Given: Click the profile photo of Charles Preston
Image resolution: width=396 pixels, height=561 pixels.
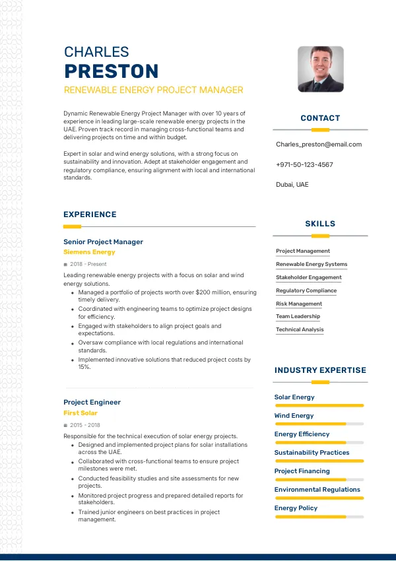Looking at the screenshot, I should click(x=321, y=69).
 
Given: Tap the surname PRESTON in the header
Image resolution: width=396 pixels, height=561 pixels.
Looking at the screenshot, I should click(x=112, y=71).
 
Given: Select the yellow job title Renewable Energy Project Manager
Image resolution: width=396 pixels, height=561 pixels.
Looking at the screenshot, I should click(x=153, y=90).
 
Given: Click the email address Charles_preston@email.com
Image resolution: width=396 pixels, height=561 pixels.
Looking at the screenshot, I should click(x=319, y=145).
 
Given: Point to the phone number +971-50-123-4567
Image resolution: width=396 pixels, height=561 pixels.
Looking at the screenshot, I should click(x=304, y=165).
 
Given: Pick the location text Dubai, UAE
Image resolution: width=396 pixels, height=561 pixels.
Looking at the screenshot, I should click(x=292, y=185).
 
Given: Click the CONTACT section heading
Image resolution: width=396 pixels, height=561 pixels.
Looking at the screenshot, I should click(x=320, y=118).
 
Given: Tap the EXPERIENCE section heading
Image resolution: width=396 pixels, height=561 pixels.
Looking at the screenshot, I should click(x=90, y=214).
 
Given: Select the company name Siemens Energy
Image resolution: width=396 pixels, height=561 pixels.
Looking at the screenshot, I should click(x=89, y=252).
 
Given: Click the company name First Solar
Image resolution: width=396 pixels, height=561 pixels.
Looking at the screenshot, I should click(x=81, y=413).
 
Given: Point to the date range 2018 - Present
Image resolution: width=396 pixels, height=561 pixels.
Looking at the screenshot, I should click(x=88, y=264).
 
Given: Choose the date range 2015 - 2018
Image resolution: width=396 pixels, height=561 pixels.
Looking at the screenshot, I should click(x=85, y=425).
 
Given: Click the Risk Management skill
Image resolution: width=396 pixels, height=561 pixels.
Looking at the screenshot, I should click(x=299, y=304).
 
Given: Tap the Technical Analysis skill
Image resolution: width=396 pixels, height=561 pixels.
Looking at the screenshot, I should click(x=300, y=329).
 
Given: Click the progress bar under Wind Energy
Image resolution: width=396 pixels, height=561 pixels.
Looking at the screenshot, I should click(x=319, y=424).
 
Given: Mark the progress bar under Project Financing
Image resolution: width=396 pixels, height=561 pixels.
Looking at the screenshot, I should click(x=319, y=479).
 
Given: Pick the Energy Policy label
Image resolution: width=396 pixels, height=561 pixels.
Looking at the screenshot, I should click(x=296, y=508).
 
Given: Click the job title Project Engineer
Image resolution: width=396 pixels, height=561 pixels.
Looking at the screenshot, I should click(x=92, y=402).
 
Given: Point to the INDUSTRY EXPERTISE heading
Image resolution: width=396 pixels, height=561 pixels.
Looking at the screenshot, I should click(x=320, y=370).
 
